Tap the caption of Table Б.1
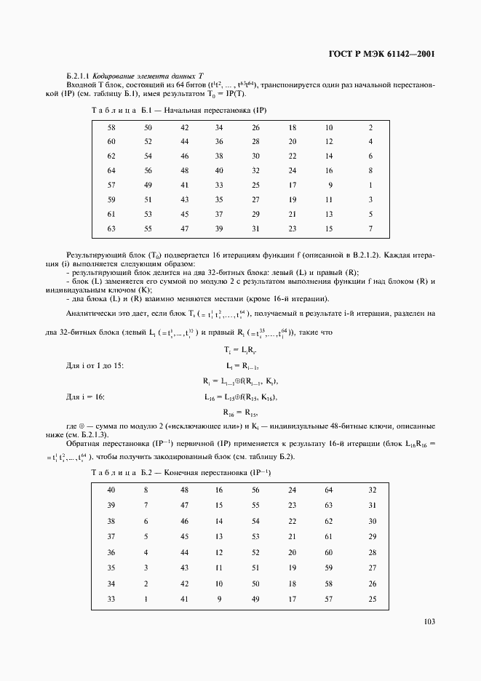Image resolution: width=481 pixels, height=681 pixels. point(180,110)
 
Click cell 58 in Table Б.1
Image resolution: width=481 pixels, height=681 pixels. point(111,128)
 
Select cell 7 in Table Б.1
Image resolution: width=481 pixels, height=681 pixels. point(370,229)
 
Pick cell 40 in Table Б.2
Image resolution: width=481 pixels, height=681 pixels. point(111,490)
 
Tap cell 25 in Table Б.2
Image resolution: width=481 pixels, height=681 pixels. point(373,599)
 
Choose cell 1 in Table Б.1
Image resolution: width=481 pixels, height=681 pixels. point(370,185)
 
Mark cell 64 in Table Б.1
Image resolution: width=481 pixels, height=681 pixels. point(111,171)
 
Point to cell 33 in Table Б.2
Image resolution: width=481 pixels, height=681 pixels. point(111,599)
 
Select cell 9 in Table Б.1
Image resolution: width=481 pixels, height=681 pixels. point(330,185)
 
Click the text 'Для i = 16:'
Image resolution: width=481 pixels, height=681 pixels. point(85,397)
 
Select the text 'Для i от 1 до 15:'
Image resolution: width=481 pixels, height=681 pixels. point(95,365)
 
